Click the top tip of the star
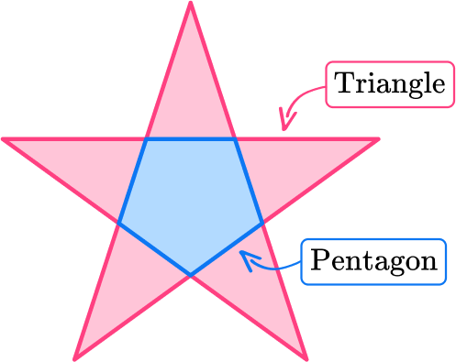point(190,4)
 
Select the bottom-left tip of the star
point(75,357)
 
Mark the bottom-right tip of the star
point(307,357)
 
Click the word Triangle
point(390,85)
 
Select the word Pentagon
point(373,260)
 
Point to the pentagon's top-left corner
point(145,140)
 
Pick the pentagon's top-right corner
point(236,140)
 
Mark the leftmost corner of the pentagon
point(119,223)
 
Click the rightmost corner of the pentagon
point(262,223)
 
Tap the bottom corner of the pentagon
point(191,274)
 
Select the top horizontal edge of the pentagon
point(191,140)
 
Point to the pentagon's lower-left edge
point(154,248)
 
